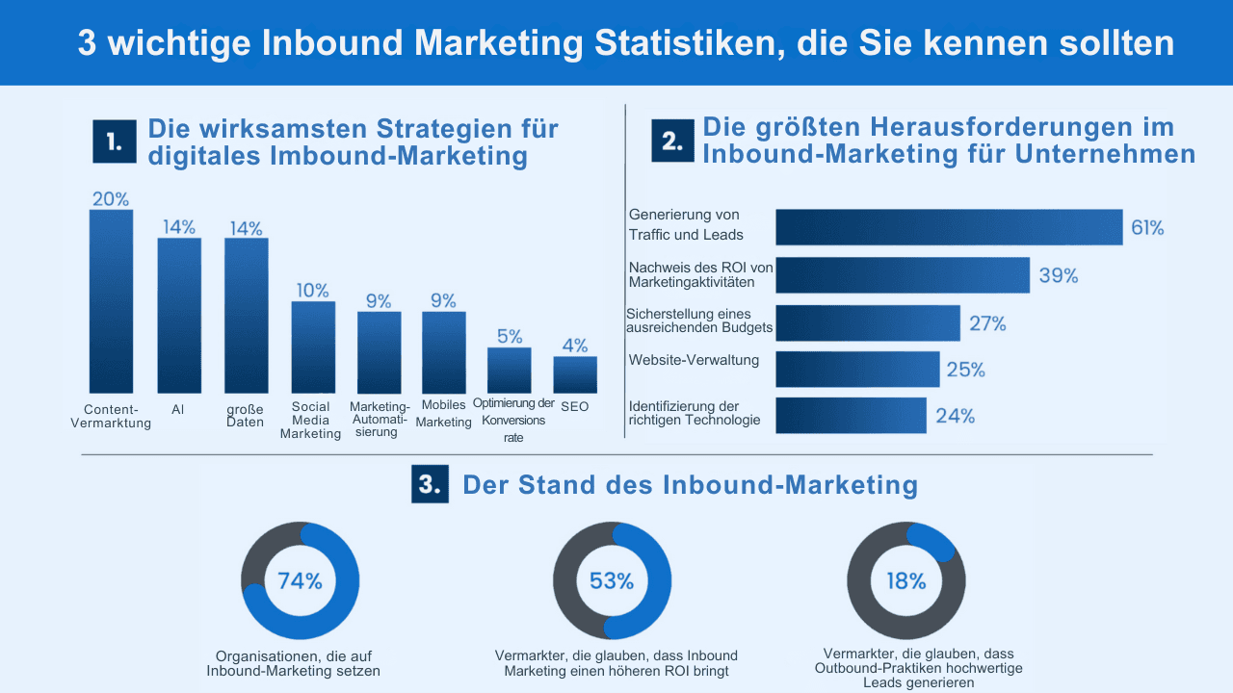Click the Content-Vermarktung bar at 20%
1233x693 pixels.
tap(111, 301)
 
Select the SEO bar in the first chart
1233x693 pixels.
tap(574, 374)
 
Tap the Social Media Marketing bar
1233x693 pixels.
tap(313, 346)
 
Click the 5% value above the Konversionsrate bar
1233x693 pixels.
tap(510, 337)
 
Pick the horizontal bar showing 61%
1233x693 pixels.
tap(949, 227)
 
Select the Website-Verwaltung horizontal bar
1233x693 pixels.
tap(856, 369)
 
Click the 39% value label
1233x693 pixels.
tap(1058, 276)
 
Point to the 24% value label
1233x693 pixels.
tap(955, 416)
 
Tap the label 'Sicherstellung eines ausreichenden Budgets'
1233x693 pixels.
tap(698, 321)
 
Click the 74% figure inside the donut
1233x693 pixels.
tap(300, 581)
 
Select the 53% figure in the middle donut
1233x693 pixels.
tap(612, 581)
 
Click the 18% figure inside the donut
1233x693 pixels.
tap(905, 581)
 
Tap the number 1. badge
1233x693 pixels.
tap(115, 141)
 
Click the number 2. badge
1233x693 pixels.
tap(672, 141)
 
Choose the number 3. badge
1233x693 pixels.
tap(430, 485)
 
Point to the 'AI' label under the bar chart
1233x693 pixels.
tap(178, 409)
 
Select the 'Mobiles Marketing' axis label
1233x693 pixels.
tap(443, 413)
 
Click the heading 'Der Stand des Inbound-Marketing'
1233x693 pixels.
tap(690, 485)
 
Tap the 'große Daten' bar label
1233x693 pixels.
tap(246, 415)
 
